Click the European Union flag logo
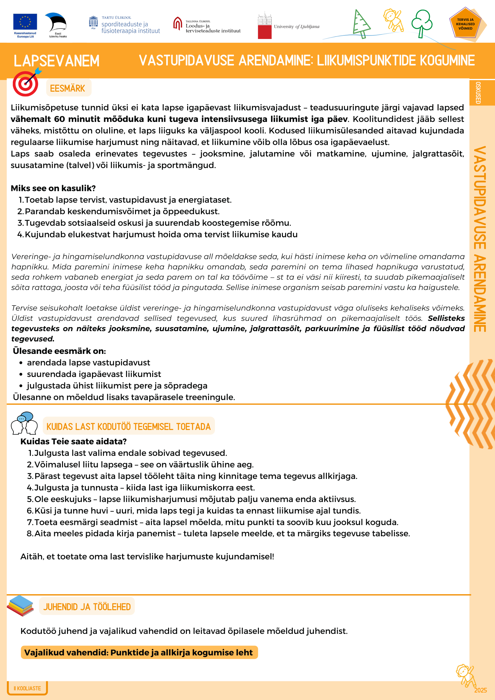pos(25,22)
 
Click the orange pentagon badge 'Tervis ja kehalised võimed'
pos(465,24)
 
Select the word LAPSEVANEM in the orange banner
pos(56,61)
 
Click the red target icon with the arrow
pos(26,84)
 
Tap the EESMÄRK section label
pos(68,88)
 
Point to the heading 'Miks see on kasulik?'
pos(53,188)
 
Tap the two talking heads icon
pos(24,423)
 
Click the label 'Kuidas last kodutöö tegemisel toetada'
pos(129,426)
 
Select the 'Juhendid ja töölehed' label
pos(87,607)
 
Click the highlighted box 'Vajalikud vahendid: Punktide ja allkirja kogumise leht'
pos(139,653)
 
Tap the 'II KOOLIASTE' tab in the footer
pos(27,688)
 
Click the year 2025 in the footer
pos(480,690)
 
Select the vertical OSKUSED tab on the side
pos(478,93)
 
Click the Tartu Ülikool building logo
pos(93,23)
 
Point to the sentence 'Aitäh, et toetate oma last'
pos(147,557)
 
